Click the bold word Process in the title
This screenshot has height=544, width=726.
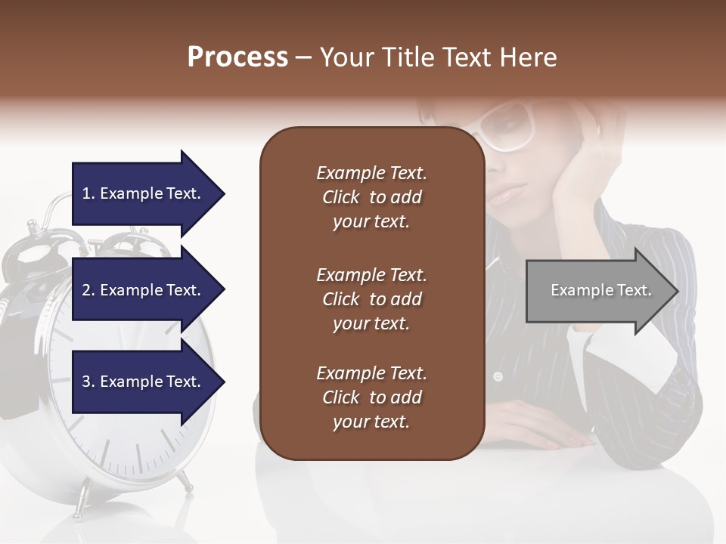tap(237, 57)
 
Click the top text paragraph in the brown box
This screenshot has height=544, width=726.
tap(371, 197)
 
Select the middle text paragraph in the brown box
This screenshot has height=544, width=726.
tap(371, 299)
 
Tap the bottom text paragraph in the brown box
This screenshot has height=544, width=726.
tap(371, 397)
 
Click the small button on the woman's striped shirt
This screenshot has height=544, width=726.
tap(498, 376)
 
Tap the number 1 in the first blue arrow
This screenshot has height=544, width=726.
tap(85, 193)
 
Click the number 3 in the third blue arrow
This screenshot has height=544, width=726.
tap(86, 382)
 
